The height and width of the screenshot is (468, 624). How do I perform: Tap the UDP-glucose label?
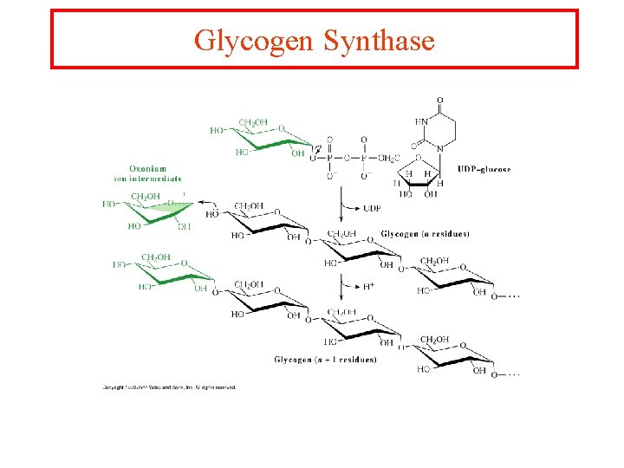(484, 169)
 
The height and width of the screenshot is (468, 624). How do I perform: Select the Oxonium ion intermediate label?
(147, 173)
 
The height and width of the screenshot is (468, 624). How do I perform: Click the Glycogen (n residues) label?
(425, 234)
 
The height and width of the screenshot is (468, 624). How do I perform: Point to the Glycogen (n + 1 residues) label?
(325, 360)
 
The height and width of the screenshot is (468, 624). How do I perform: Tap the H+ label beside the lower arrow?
(369, 285)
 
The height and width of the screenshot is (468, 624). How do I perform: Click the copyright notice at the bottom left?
(169, 387)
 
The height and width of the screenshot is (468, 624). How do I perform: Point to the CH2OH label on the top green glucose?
(253, 122)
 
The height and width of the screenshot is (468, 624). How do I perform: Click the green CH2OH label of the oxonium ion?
(146, 197)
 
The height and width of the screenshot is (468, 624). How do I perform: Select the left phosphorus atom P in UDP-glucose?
(328, 158)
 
